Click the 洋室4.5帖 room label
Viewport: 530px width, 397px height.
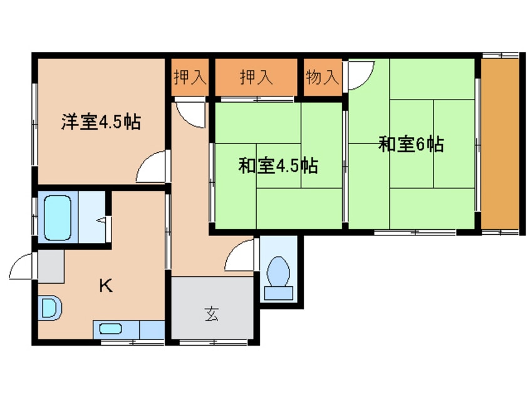click(100, 121)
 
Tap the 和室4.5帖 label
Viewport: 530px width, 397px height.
click(278, 166)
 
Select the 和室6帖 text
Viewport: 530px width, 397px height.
click(411, 145)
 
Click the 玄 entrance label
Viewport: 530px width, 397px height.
click(212, 315)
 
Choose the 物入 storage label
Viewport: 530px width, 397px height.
click(323, 77)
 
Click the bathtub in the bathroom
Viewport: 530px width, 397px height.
click(59, 216)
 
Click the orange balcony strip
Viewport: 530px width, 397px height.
click(499, 145)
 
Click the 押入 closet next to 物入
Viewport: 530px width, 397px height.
click(257, 77)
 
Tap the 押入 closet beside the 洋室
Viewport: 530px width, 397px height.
click(189, 77)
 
